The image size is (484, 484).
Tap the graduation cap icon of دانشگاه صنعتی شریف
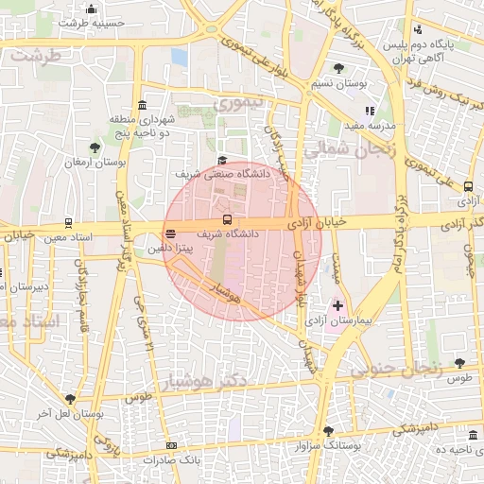(x=222, y=160)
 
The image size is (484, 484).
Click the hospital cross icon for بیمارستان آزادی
(x=337, y=305)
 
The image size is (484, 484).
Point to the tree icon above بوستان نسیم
(x=338, y=67)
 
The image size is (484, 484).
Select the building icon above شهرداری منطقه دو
(x=143, y=105)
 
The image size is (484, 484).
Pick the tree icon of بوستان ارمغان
(x=95, y=147)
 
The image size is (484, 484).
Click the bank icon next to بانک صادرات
(x=170, y=444)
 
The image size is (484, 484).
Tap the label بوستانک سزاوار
(x=329, y=443)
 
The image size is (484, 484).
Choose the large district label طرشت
(x=34, y=56)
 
